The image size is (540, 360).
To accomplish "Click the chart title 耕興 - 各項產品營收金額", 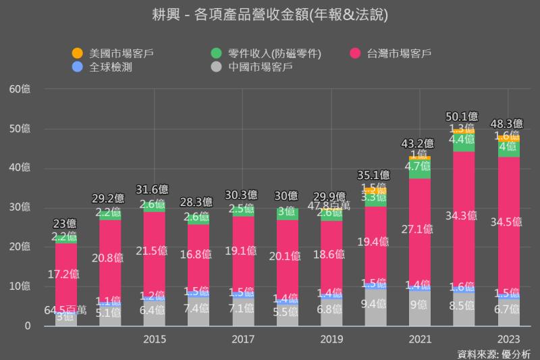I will pos(270,14).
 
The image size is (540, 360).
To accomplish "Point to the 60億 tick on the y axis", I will pos(20,88).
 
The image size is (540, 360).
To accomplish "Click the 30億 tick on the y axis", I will pos(20,207).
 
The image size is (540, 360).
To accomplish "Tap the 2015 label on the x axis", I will pos(155,338).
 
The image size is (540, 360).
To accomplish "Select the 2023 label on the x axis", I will pos(508,338).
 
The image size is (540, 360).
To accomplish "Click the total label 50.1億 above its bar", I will pos(464,116).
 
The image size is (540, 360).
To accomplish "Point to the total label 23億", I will pos(65,224).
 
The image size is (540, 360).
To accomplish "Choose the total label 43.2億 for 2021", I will pos(420,143).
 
